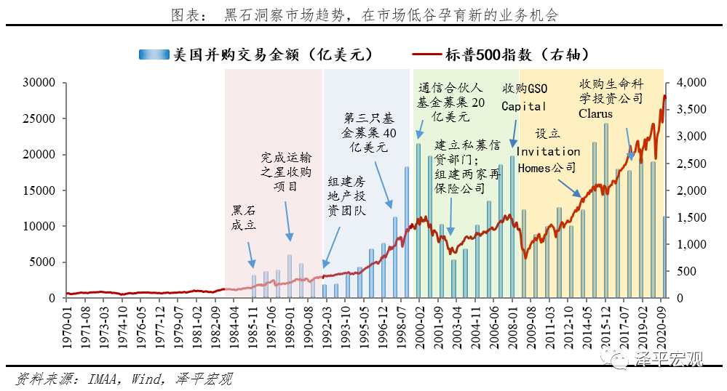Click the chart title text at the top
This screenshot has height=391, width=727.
coord(364,15)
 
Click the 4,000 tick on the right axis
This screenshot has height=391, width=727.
coord(692,83)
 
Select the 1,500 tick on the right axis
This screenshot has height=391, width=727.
coord(692,217)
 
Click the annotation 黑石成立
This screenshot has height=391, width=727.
coord(244,217)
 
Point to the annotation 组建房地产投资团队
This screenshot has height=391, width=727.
coord(346,195)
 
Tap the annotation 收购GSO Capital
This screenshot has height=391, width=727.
coord(524,97)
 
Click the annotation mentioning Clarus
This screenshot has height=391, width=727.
coord(611,97)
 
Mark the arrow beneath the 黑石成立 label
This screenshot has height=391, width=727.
coord(250,254)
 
